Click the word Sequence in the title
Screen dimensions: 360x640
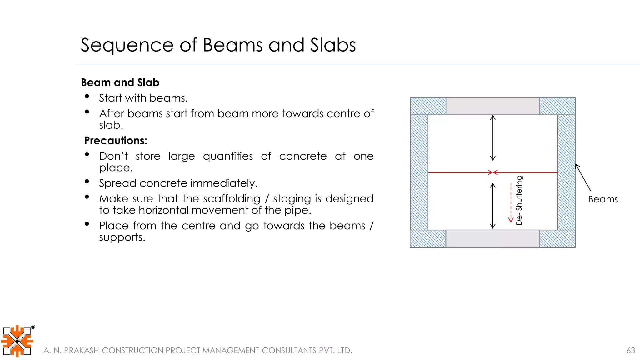coord(127,45)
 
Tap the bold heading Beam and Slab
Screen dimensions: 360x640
coord(120,82)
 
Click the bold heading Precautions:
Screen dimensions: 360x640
coord(116,141)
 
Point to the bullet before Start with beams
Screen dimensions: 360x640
coord(87,96)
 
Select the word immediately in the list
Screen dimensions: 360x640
coord(224,183)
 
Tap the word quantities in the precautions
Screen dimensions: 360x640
coord(228,156)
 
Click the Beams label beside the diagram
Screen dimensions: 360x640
coord(603,199)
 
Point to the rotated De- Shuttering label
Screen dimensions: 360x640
coord(519,200)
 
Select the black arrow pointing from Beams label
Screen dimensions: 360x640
coord(583,177)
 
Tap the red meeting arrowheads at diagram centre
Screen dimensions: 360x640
coord(493,172)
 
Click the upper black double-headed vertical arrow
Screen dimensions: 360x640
coord(493,138)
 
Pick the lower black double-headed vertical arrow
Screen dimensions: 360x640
coord(493,206)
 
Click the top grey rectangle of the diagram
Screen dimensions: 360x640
coord(492,106)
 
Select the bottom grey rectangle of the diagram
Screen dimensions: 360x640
coord(492,239)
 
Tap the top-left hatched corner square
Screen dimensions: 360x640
coord(428,106)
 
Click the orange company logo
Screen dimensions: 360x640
coord(17,341)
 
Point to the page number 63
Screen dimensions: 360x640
coord(631,351)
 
